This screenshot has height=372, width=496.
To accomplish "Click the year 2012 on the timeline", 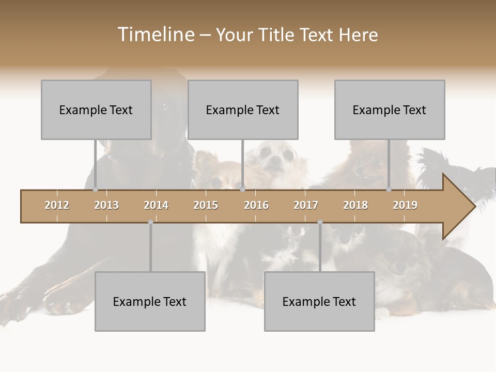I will coord(57,205).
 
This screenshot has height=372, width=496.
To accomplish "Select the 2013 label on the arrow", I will coord(106,205).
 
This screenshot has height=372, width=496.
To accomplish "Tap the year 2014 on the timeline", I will coord(156,205).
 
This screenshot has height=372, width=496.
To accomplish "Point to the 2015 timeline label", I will coord(206,205).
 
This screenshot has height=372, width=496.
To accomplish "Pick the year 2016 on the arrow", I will coord(256,205).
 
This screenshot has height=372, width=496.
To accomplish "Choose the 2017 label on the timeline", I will coord(306,205).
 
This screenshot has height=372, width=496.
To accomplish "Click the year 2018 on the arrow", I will coord(355,205).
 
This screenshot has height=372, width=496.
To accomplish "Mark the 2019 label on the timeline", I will coord(405,205).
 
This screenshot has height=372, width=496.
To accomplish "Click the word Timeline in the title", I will coord(155,35).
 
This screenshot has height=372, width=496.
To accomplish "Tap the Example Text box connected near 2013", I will coord(96,110).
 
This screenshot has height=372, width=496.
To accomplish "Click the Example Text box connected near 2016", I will coord(243,110).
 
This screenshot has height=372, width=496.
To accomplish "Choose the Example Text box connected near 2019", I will coord(390,110).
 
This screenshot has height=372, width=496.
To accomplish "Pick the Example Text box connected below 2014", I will coord(150,301).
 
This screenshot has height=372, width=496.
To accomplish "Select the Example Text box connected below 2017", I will coord(319,301).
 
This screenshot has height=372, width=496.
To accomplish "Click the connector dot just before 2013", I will coord(95,190).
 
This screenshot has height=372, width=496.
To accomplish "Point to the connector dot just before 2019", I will coord(389,190).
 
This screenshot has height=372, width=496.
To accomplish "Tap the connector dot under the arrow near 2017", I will coord(320,222).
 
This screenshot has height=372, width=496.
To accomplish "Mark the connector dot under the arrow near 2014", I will coord(150,222).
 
